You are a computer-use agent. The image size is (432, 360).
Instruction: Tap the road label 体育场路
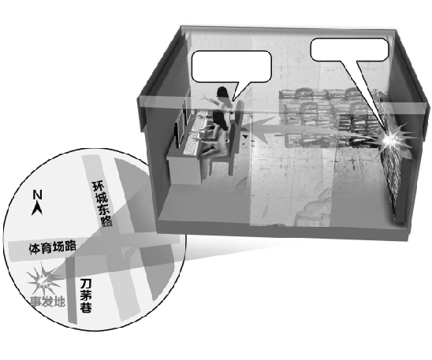[x=52, y=247]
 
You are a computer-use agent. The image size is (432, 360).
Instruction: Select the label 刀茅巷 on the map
[x=86, y=296]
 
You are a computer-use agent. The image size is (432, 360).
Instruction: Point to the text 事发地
[x=47, y=302]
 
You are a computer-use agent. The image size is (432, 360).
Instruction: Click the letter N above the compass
[x=38, y=195]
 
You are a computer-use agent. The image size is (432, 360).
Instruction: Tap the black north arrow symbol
[x=38, y=209]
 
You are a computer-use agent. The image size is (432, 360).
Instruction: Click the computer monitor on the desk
[x=181, y=134]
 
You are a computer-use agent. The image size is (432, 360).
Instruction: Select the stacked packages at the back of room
[x=328, y=117]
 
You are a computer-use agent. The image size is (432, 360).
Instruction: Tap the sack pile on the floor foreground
[x=314, y=210]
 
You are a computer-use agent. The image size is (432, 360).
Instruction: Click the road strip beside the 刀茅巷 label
[x=72, y=291]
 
